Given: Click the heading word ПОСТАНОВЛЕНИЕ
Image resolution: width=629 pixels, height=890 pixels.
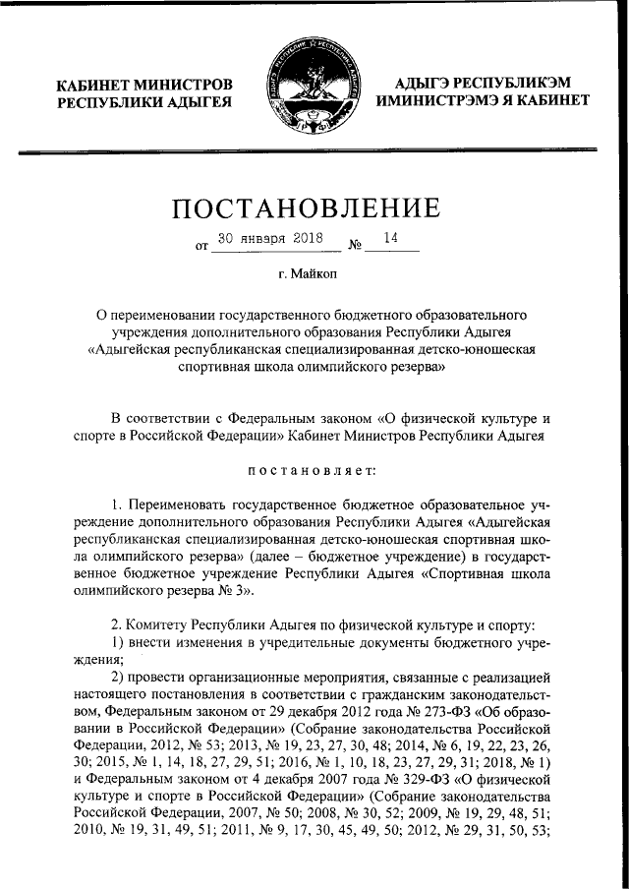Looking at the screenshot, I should (314, 208).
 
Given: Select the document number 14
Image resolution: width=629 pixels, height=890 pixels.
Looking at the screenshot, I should (391, 238).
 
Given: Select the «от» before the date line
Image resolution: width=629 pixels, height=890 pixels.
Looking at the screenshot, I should (202, 247).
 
